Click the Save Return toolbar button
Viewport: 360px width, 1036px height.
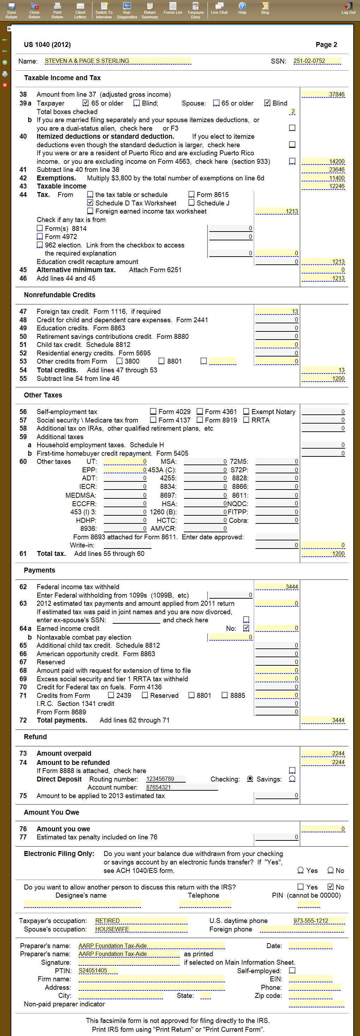(x=11, y=10)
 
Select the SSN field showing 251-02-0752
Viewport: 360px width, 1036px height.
(x=317, y=61)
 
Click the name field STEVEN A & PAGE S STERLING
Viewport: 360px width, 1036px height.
(x=118, y=61)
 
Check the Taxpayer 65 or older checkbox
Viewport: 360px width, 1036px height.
(x=86, y=103)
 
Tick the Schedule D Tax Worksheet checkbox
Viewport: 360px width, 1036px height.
(x=90, y=203)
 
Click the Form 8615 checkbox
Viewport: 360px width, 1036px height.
(x=191, y=194)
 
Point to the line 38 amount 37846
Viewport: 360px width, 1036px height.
(x=323, y=95)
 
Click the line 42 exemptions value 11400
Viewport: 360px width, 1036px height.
(x=323, y=178)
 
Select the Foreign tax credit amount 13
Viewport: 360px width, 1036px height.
(x=277, y=312)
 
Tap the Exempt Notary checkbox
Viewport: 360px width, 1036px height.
(x=246, y=412)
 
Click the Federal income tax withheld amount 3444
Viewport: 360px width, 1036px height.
(x=277, y=587)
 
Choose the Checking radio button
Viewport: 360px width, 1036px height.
(x=250, y=779)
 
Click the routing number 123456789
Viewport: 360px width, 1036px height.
(x=165, y=779)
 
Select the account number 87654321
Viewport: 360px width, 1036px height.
(x=182, y=788)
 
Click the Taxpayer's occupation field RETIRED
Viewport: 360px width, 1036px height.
(x=141, y=921)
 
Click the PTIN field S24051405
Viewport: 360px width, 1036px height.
(x=98, y=971)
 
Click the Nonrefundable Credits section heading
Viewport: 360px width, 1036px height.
(x=60, y=295)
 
